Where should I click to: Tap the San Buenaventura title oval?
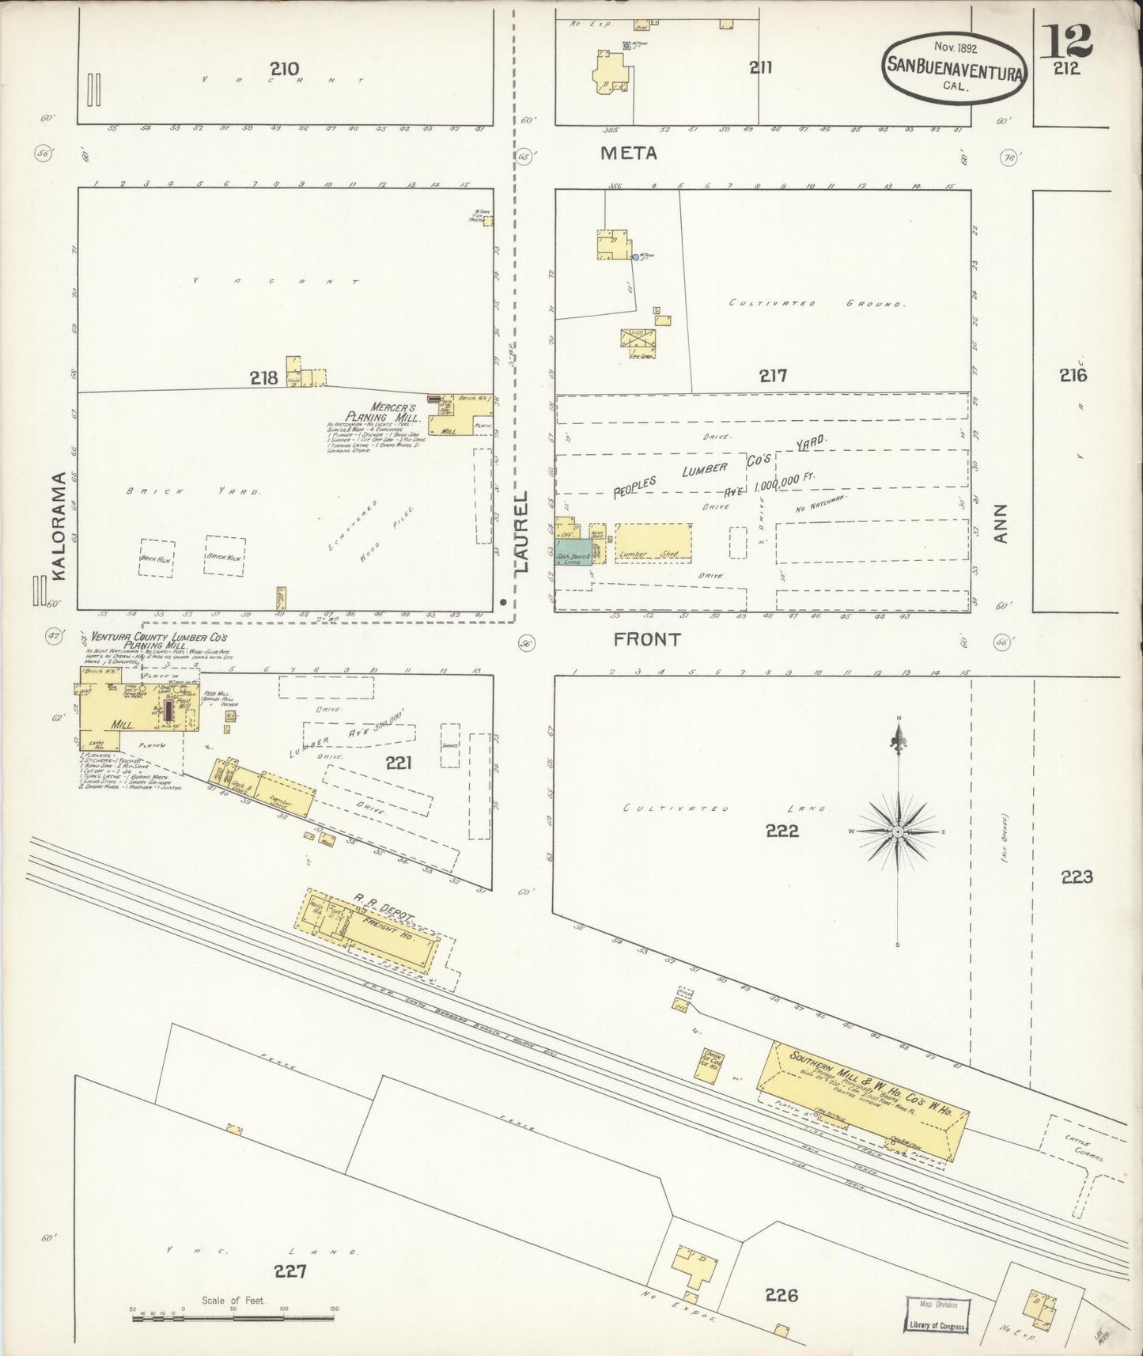(955, 68)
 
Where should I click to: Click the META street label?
(629, 153)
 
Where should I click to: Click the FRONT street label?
(647, 639)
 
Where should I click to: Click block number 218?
(263, 378)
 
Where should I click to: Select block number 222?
(782, 831)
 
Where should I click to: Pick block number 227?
(290, 1271)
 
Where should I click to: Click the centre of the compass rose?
(899, 832)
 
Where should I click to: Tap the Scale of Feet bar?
(233, 1318)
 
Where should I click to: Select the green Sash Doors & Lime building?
(572, 551)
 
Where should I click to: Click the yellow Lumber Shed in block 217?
(653, 542)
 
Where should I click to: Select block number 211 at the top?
(760, 68)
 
